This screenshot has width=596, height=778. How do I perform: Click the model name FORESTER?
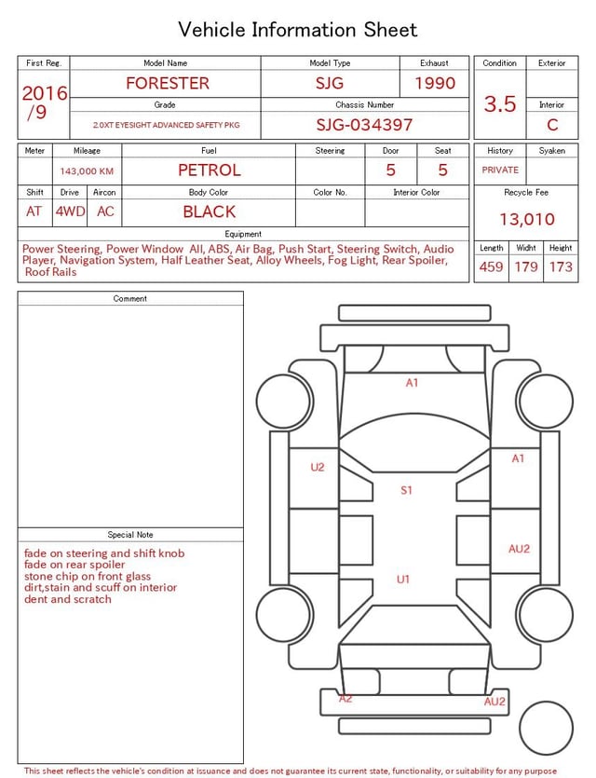coord(168,83)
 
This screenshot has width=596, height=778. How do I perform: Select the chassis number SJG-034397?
coord(364,125)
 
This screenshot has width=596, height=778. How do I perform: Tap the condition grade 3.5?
coord(500,103)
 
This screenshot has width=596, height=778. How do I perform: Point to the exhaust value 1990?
coord(435,83)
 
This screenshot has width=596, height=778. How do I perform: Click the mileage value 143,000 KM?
coord(87,171)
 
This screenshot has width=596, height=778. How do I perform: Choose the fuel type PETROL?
coord(210,171)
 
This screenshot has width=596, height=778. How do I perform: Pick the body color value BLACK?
coord(210,212)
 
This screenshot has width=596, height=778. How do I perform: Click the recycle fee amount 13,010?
coord(526,219)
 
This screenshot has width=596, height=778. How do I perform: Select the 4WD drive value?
coord(70,212)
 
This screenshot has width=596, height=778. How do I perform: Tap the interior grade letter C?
coord(552,125)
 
